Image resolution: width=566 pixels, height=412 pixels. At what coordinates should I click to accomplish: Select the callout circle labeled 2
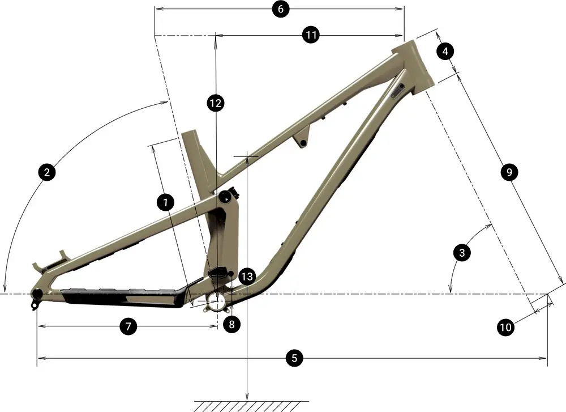point(47,172)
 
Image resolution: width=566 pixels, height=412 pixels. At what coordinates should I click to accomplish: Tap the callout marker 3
point(462,253)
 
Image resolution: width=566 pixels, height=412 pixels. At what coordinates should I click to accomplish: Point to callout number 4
point(445,52)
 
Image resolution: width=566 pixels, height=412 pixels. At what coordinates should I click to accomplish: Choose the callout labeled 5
point(293,358)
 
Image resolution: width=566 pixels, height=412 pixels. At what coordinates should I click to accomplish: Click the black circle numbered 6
point(280,9)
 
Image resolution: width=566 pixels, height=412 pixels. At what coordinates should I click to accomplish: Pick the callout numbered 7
point(128,326)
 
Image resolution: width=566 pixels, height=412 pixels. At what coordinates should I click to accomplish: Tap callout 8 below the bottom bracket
point(231,324)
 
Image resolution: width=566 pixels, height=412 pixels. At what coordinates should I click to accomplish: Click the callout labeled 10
point(506,326)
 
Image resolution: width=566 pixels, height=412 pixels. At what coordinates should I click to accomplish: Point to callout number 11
point(311,35)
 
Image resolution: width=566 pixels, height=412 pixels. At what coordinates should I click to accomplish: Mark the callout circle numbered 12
point(215,103)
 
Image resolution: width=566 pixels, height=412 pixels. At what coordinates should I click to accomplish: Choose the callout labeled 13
point(246,277)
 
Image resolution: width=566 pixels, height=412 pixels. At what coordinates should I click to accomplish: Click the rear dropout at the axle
point(37,294)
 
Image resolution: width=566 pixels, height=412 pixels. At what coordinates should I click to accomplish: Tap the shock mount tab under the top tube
point(303,140)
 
